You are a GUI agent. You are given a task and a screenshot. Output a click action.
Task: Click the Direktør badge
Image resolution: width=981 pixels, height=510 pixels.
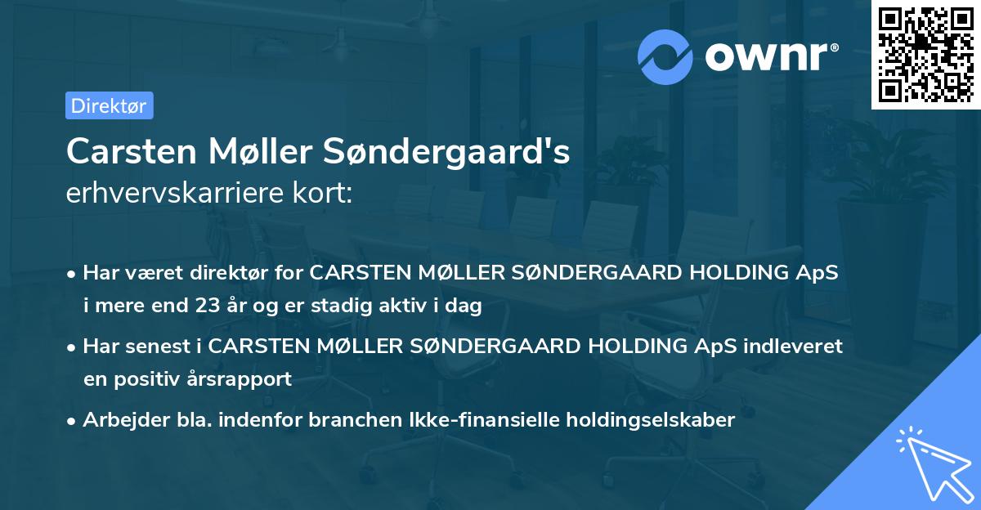pos(109,105)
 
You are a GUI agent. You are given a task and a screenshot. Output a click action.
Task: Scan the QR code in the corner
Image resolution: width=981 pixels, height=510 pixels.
pos(925,54)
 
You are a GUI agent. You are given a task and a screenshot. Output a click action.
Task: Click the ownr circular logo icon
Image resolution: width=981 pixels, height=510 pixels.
pos(665,57)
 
